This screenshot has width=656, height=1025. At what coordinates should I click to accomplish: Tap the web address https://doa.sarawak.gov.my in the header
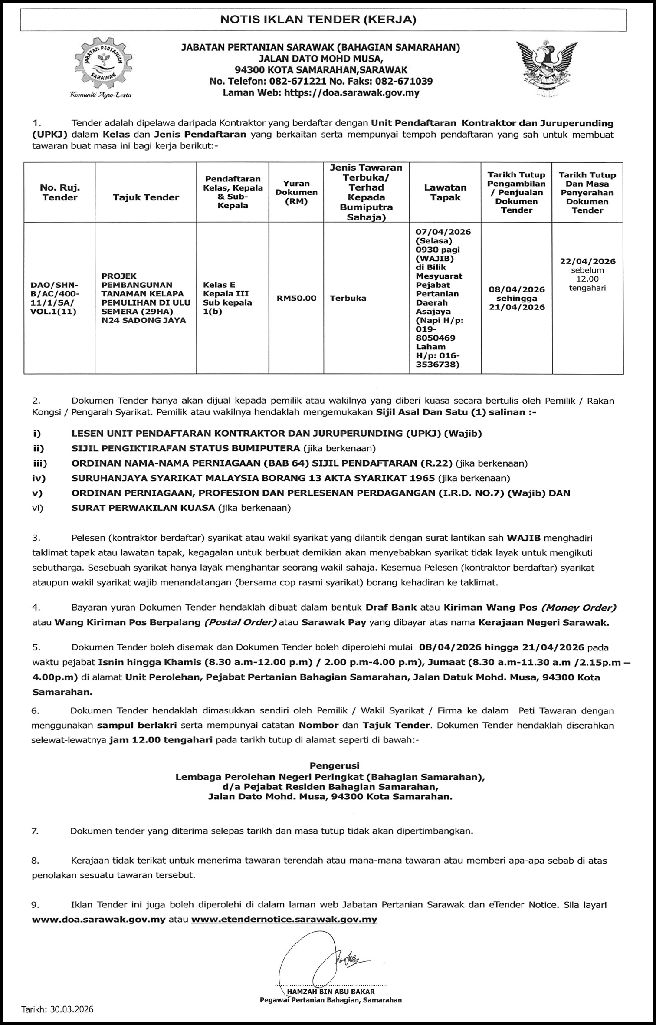pos(351,93)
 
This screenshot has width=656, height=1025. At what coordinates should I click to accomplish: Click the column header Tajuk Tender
pos(146,197)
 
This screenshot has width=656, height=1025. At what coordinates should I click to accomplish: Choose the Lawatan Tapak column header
pos(445,192)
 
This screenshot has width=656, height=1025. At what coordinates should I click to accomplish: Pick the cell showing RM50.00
pos(296,298)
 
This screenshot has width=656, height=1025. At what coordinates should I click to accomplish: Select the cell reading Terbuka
pos(348,298)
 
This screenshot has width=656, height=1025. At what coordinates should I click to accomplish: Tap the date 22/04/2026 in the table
pos(587,261)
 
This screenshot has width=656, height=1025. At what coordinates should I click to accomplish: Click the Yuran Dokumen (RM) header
pos(296,192)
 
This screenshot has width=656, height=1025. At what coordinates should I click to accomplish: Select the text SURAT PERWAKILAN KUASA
pos(143,508)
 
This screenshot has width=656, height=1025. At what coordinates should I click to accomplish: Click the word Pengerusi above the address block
pos(334,766)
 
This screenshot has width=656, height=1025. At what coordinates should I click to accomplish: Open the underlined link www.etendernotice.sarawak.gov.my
pos(284,919)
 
